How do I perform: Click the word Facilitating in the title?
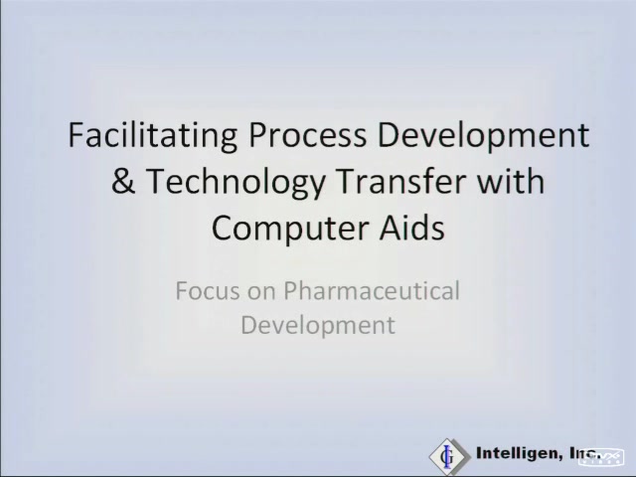[x=152, y=136]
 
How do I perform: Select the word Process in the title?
[x=307, y=135]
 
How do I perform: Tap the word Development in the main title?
[x=484, y=136]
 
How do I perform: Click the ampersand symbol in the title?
[x=123, y=181]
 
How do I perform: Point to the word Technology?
[x=236, y=183]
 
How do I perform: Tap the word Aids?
[x=411, y=228]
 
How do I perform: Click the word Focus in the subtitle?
[x=208, y=291]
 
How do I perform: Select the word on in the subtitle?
[x=261, y=294]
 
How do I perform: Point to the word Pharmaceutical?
[x=372, y=290]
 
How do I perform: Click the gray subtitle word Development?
[x=318, y=325]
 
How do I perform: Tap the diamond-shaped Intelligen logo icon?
[x=449, y=456]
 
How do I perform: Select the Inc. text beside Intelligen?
[x=585, y=453]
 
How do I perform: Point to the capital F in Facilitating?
[x=76, y=135]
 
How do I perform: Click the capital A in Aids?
[x=390, y=228]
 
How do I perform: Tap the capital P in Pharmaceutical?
[x=291, y=291]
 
